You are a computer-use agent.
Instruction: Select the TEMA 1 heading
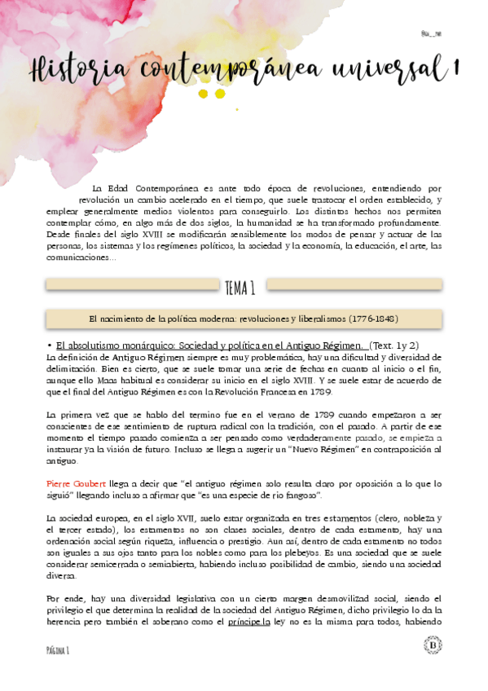[241, 287]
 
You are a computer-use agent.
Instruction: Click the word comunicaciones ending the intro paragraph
[81, 257]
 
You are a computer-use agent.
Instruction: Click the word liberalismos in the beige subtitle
[314, 317]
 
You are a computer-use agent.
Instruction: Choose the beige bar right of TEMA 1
[354, 284]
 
